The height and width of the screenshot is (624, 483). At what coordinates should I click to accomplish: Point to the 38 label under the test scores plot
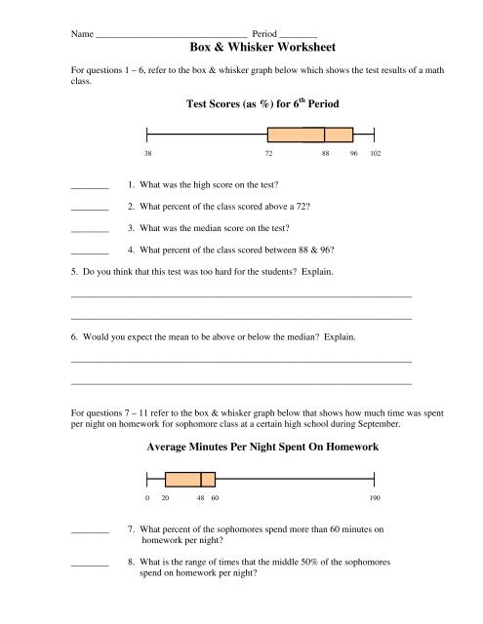[x=147, y=154]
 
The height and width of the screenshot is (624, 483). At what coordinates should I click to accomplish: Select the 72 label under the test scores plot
[x=269, y=154]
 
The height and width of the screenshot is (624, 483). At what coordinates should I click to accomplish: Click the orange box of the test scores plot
[x=309, y=135]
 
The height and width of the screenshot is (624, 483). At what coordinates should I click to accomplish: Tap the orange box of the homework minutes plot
[x=190, y=478]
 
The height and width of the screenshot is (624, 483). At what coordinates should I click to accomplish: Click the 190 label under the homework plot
[x=375, y=497]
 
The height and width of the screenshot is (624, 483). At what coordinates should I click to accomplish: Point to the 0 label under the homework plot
[x=147, y=497]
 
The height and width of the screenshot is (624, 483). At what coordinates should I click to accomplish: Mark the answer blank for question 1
[x=90, y=184]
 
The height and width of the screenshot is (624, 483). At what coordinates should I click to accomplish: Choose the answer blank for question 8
[x=90, y=563]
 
